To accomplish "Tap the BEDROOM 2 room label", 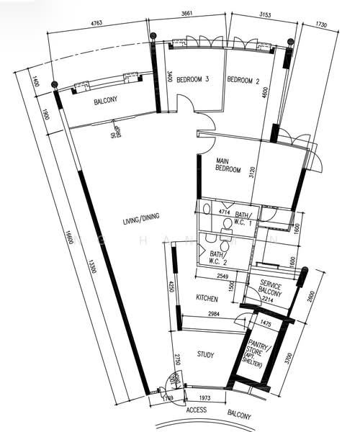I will [x=243, y=81].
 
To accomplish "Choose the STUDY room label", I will [x=208, y=354].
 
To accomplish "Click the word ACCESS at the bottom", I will [x=197, y=410].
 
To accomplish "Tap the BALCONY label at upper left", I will [x=106, y=102].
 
